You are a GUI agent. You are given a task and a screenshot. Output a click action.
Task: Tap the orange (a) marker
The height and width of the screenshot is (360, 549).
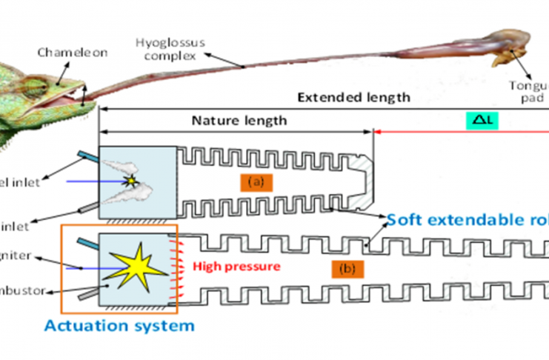pos(255,180)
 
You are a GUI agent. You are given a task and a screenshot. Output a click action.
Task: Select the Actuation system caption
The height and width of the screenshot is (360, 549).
pos(119,324)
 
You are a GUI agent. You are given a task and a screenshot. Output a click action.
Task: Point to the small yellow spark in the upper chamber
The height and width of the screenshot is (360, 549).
pos(133,181)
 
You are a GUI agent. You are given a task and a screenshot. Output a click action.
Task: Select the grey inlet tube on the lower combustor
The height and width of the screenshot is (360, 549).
pos(87,294)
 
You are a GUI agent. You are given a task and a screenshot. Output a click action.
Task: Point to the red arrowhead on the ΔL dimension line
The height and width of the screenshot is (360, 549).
pos(377,131)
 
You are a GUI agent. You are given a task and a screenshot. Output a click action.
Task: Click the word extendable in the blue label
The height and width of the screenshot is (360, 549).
pos(464,219)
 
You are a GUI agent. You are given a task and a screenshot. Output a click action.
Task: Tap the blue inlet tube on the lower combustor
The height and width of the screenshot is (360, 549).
pos(87,244)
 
